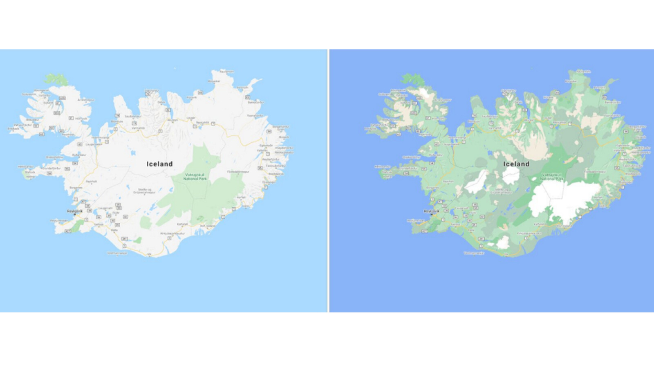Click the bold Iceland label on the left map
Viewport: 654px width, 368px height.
coord(159,164)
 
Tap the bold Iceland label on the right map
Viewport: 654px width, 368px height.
coord(516,164)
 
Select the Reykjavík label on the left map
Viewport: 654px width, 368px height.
coord(75,211)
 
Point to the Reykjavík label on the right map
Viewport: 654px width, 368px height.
coord(431,211)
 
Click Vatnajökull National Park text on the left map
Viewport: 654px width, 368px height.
coord(195,177)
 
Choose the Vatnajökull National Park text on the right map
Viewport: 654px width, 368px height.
coord(552,177)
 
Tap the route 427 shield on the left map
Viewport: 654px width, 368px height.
coord(68,231)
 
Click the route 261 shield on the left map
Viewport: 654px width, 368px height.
coord(124,239)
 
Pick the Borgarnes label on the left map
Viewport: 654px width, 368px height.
coord(76,188)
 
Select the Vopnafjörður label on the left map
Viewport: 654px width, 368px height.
coord(255,116)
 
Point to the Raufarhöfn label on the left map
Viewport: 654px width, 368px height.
coord(227,72)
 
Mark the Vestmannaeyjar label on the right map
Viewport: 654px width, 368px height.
coord(474,253)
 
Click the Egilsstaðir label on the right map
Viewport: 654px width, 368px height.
coord(623,145)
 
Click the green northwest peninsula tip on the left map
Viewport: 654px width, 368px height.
coord(56,79)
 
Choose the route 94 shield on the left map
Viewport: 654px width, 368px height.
coord(269,132)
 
